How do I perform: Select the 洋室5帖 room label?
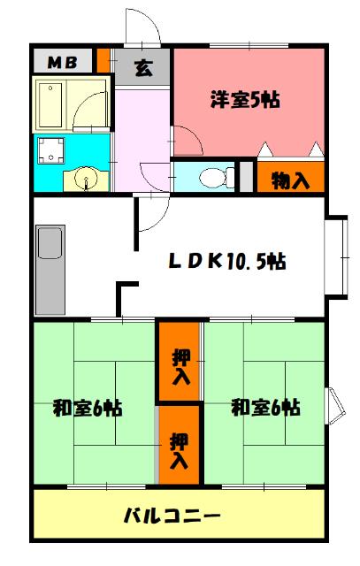coord(245,100)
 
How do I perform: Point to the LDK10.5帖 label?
coord(227,262)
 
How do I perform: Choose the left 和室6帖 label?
coord(87,408)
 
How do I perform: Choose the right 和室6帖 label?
coord(264,408)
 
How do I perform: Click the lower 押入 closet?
coord(180,448)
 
